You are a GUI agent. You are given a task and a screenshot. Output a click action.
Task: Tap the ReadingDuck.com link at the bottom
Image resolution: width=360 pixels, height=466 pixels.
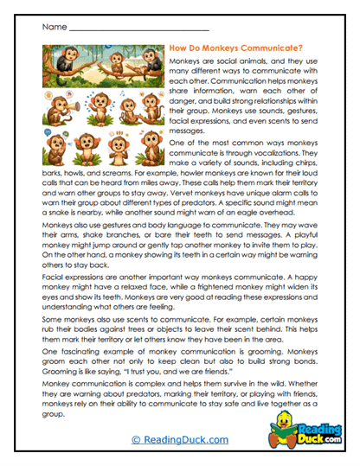point(179,440)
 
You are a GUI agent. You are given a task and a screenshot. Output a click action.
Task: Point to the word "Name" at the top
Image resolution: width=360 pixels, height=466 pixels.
point(53,27)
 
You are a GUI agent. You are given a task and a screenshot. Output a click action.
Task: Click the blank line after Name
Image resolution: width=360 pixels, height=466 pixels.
point(130,29)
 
